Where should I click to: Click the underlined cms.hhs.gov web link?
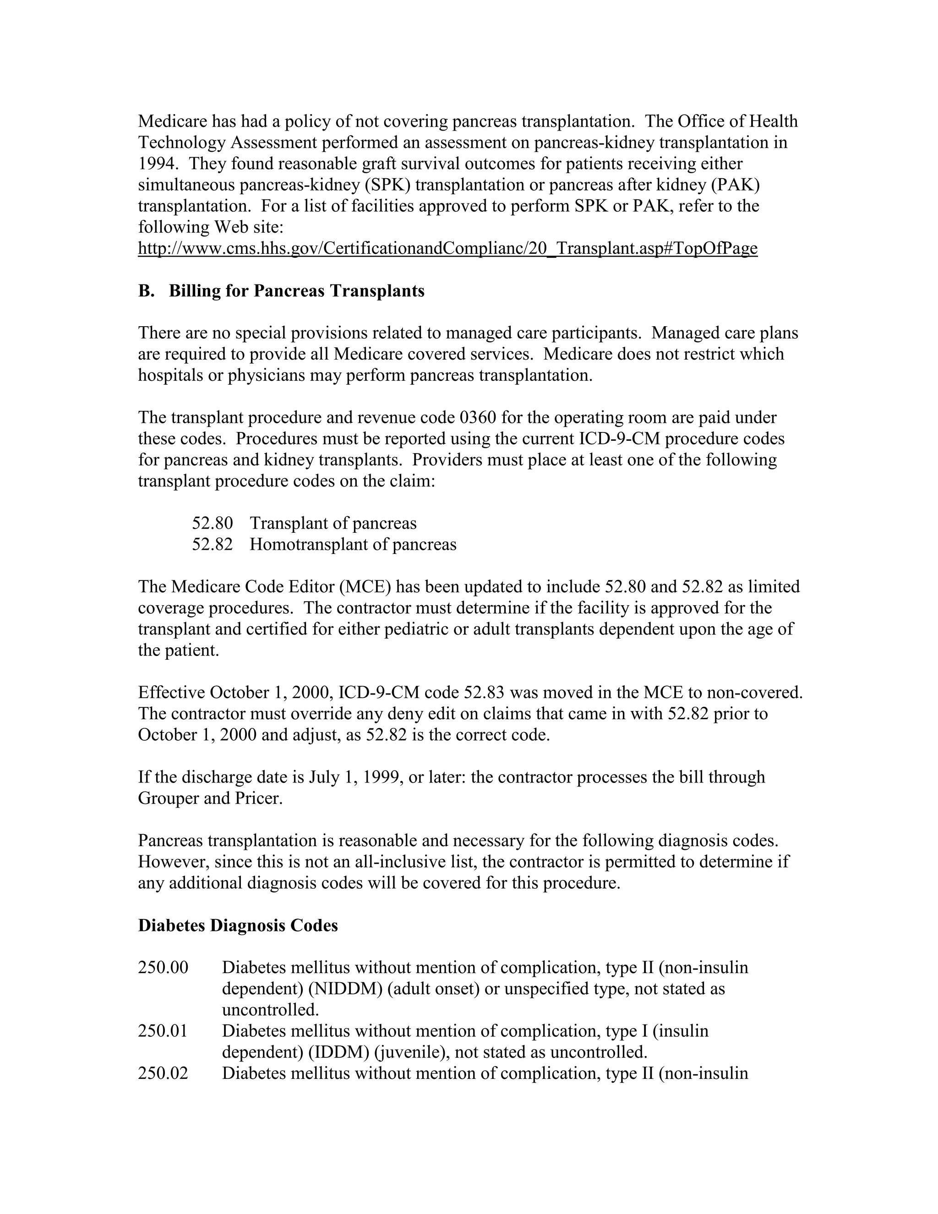(x=447, y=248)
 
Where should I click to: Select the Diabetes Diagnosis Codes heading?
(x=238, y=925)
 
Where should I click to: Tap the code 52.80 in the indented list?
(x=212, y=523)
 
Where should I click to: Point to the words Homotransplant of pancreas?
(x=353, y=544)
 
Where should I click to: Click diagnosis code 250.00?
(x=163, y=968)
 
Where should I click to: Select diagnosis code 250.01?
(x=163, y=1031)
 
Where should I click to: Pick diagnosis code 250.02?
(x=163, y=1073)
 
